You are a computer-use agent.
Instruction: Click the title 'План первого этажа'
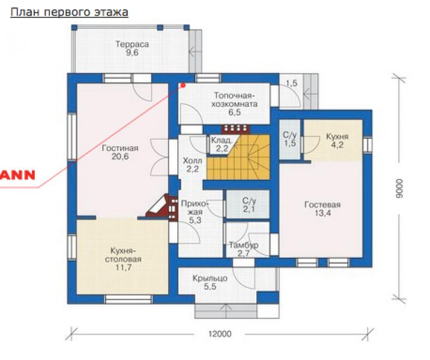pyautogui.click(x=69, y=13)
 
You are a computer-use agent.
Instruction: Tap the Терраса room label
pyautogui.click(x=132, y=48)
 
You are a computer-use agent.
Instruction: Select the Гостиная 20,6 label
pyautogui.click(x=120, y=152)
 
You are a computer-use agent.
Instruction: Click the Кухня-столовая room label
pyautogui.click(x=123, y=259)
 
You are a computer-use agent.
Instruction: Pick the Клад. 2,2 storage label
pyautogui.click(x=221, y=145)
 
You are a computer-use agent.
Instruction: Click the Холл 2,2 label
pyautogui.click(x=192, y=165)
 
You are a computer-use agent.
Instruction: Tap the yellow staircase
pyautogui.click(x=238, y=157)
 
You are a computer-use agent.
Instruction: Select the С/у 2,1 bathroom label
pyautogui.click(x=249, y=205)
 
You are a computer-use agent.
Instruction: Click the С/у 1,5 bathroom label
pyautogui.click(x=290, y=139)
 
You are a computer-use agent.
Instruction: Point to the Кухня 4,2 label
pyautogui.click(x=337, y=141)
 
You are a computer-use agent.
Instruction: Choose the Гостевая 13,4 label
pyautogui.click(x=322, y=209)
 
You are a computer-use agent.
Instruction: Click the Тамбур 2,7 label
pyautogui.click(x=243, y=249)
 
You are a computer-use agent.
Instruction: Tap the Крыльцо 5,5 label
pyautogui.click(x=210, y=282)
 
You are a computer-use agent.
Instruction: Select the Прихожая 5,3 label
pyautogui.click(x=195, y=212)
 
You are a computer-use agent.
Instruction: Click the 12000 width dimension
pyautogui.click(x=220, y=334)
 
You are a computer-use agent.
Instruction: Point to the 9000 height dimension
pyautogui.click(x=399, y=189)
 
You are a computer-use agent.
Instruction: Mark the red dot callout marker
pyautogui.click(x=183, y=85)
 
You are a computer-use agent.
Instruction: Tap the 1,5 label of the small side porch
pyautogui.click(x=292, y=83)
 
